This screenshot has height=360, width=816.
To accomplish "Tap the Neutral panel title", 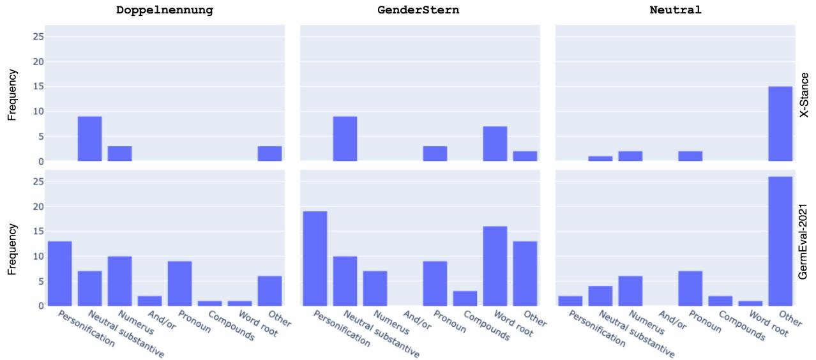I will click(x=676, y=10).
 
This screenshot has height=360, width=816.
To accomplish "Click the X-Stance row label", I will click(x=805, y=94).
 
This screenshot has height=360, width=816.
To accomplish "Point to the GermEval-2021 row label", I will click(x=805, y=237).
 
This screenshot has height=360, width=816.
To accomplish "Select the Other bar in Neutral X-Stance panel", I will click(x=780, y=124).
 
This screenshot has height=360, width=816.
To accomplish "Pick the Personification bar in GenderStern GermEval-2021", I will click(x=315, y=259).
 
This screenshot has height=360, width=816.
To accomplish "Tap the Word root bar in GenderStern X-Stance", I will click(x=495, y=144).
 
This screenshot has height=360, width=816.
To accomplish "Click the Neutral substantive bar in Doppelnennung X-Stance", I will click(x=89, y=139).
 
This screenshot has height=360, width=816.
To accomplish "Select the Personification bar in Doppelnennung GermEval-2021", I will click(x=60, y=273).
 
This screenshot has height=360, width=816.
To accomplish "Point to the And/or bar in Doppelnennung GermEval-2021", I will click(x=150, y=301).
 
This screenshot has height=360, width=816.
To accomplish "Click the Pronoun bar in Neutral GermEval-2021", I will click(x=690, y=289).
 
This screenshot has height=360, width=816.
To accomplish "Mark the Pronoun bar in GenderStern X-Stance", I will click(x=435, y=153).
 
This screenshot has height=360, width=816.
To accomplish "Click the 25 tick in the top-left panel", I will click(x=38, y=36).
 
